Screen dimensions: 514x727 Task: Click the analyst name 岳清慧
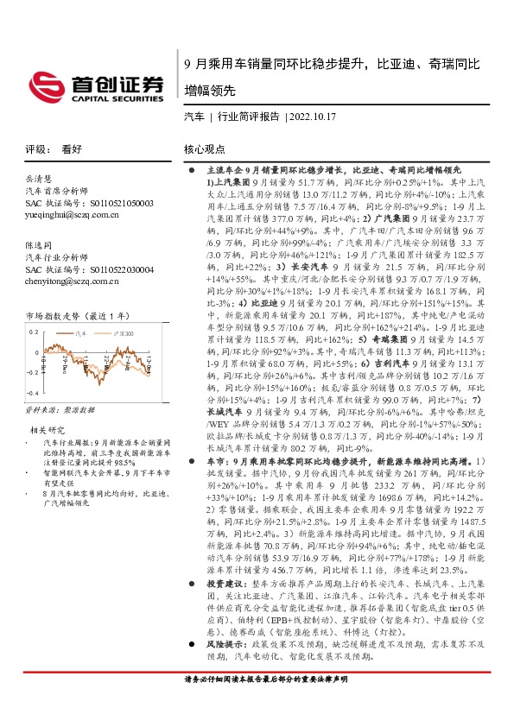[40, 178]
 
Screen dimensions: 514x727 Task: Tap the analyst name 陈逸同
[40, 245]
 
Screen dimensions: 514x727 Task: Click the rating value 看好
[73, 149]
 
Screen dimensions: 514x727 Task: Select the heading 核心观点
[205, 149]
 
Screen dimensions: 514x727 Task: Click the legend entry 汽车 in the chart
[83, 331]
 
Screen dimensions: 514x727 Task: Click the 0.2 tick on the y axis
[34, 331]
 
